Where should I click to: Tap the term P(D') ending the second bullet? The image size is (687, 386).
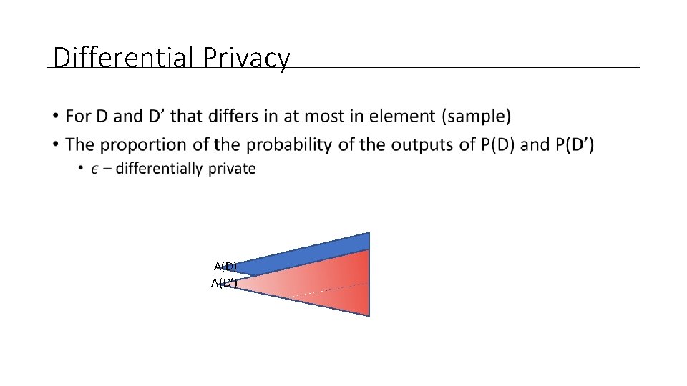[x=574, y=145]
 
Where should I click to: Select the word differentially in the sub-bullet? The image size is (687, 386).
[x=158, y=169]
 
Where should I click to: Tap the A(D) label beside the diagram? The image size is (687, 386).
[x=225, y=267]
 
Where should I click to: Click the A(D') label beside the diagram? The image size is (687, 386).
[x=223, y=283]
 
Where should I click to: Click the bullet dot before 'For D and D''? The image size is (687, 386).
[x=56, y=116]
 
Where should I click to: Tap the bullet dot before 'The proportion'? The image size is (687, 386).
[x=56, y=145]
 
